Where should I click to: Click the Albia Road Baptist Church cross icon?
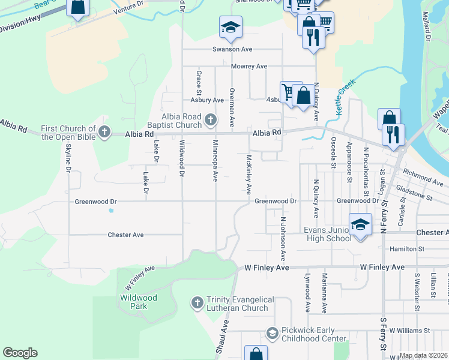pos(210,120)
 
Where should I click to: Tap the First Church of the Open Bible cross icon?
pos(104,132)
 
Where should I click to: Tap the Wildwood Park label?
pos(138,302)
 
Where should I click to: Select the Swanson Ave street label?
pos(232,49)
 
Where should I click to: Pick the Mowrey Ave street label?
pos(249,66)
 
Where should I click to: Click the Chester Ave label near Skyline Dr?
pos(125,235)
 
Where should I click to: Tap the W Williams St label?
pos(409,330)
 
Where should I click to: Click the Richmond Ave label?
pos(423,178)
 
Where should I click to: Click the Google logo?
pos(20,353)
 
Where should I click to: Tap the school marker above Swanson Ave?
pos(230,27)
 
